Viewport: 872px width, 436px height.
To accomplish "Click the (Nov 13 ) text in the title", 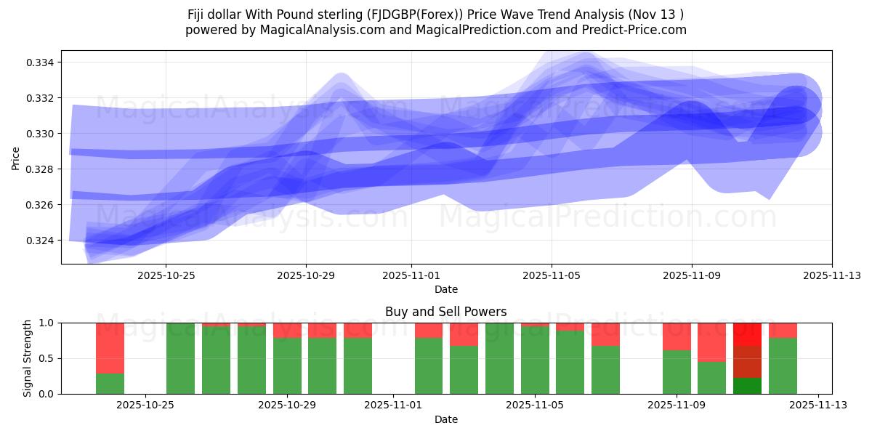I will pyautogui.click(x=658, y=14).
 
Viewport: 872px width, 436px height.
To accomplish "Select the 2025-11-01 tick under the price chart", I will pyautogui.click(x=411, y=275).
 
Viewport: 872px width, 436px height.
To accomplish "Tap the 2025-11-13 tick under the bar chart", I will pyautogui.click(x=819, y=405).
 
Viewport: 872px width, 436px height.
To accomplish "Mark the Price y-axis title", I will pyautogui.click(x=16, y=158).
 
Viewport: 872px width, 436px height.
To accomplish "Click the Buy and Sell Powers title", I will pyautogui.click(x=446, y=312).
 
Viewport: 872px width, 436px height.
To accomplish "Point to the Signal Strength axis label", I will pyautogui.click(x=28, y=358).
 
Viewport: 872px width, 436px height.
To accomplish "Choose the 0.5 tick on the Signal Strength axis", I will pyautogui.click(x=47, y=358).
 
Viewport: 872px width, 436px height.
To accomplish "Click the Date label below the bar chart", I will pyautogui.click(x=446, y=419).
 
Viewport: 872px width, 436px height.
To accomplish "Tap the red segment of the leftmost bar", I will pyautogui.click(x=110, y=348).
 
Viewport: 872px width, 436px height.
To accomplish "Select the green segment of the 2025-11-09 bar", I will pyautogui.click(x=677, y=372).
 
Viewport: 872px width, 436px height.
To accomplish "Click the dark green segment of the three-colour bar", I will pyautogui.click(x=747, y=386).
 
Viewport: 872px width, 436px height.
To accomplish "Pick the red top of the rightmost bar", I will pyautogui.click(x=783, y=330).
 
